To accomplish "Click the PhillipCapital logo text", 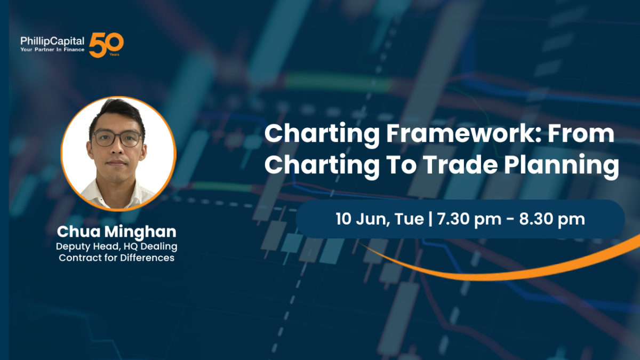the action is click(x=52, y=41).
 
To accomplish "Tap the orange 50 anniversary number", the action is click(x=106, y=45).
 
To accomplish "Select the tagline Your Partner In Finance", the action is click(x=52, y=50).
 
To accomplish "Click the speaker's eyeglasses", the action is click(x=117, y=139).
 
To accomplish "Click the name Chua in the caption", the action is click(x=78, y=231).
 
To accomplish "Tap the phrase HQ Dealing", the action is click(x=150, y=247).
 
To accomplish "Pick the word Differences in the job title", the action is click(x=147, y=258).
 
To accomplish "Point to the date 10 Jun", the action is click(x=362, y=219).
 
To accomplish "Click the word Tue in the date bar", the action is click(x=409, y=219).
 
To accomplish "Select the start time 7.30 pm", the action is click(x=469, y=220).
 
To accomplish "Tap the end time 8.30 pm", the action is click(x=552, y=220).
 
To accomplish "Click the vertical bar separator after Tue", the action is click(x=430, y=219).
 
